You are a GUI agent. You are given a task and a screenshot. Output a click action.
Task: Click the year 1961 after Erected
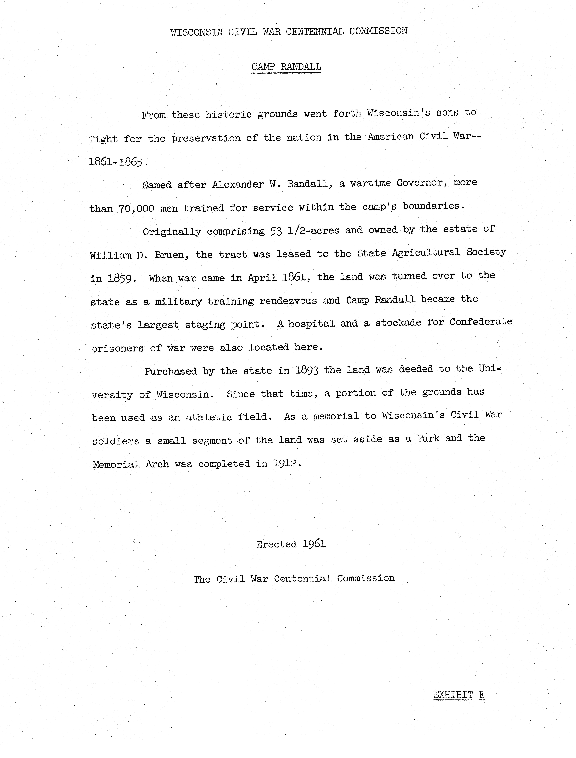click(314, 544)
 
